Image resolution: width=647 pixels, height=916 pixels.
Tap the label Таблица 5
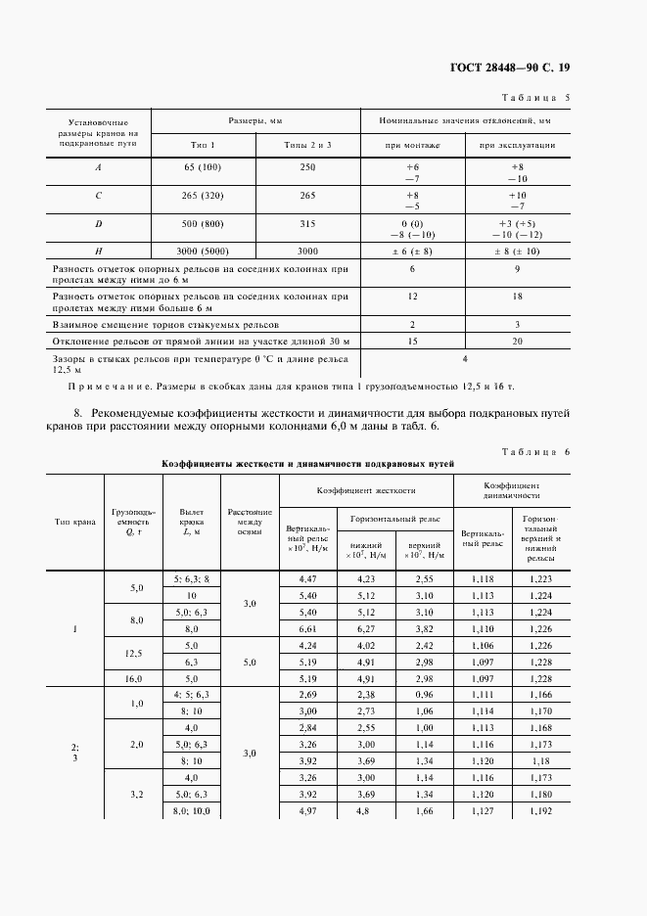pos(534,98)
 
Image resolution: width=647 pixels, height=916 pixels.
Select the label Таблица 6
pos(534,451)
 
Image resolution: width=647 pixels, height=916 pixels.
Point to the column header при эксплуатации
pos(516,144)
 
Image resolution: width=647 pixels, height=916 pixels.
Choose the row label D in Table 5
pos(98,224)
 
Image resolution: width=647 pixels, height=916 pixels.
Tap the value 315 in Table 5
pos(307,224)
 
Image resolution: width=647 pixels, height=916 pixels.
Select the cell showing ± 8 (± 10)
pos(517,251)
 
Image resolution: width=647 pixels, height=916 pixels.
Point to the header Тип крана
pos(74,522)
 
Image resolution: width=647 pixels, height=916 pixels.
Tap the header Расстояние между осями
pos(250,522)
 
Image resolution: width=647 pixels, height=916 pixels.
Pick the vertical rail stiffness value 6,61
pos(307,629)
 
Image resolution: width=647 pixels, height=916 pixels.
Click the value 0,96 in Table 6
pos(421,694)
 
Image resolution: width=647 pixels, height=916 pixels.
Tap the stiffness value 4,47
pos(307,580)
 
